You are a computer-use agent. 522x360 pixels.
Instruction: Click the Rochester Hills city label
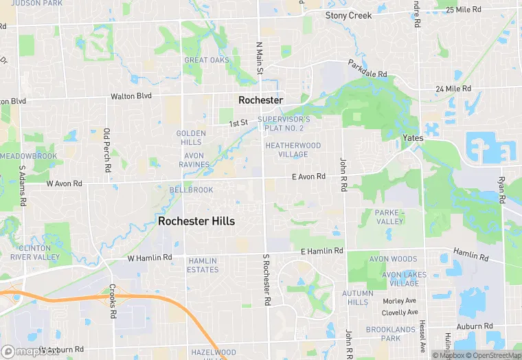coord(196,221)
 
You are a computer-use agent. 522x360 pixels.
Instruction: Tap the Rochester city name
coord(260,100)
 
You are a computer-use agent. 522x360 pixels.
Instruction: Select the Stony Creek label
coord(348,15)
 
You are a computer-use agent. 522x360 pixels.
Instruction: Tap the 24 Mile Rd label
coord(453,89)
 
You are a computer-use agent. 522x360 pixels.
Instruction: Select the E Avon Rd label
coord(308,177)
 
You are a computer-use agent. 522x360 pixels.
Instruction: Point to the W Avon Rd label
coord(64,184)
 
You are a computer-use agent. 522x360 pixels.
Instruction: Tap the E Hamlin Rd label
coord(322,251)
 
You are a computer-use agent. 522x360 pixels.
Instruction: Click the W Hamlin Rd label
coord(150,258)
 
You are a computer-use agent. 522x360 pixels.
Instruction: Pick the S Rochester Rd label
coord(266,280)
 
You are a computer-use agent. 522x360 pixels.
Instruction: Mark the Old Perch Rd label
coord(107,150)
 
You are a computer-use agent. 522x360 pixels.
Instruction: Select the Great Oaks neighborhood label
coord(206,60)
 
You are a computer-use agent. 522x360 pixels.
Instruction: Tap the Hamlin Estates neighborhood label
coord(203,265)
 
